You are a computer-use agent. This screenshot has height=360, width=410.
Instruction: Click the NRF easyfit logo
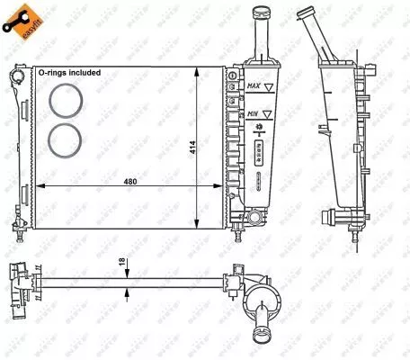coord(24,22)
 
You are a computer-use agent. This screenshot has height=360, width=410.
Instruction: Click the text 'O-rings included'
coord(68,71)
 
